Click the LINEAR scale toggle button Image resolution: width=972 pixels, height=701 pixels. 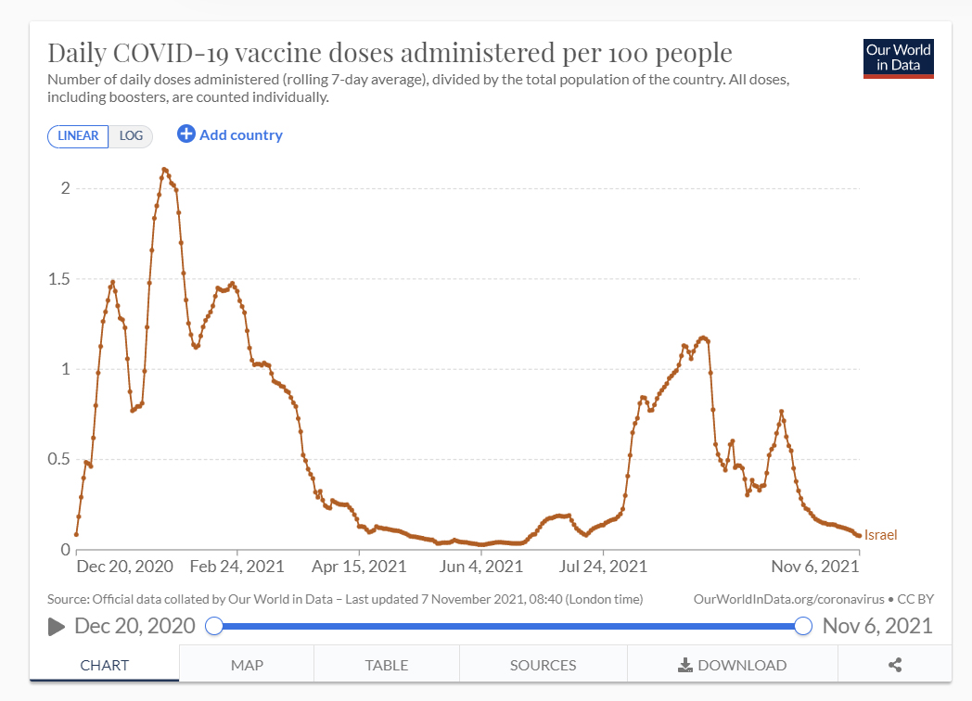(78, 136)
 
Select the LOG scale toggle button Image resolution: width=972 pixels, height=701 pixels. (131, 136)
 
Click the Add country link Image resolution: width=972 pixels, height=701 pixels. (230, 135)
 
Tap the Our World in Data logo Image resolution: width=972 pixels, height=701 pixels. (898, 57)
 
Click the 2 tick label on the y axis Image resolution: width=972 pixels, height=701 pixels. (65, 188)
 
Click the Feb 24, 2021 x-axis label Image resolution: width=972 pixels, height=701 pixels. (238, 566)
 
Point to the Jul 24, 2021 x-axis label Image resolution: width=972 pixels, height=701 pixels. (602, 566)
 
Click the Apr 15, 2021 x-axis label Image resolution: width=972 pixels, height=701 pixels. (360, 566)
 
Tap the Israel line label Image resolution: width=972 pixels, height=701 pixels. (880, 535)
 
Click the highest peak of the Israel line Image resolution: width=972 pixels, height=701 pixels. (164, 170)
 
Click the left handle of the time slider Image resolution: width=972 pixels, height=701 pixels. (214, 626)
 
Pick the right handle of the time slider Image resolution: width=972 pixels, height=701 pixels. (803, 626)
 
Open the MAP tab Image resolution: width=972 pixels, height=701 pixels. (247, 665)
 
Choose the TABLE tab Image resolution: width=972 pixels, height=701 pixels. (387, 665)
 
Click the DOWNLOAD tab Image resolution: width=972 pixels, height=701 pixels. (733, 665)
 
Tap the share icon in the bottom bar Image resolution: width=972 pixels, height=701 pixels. (895, 665)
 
